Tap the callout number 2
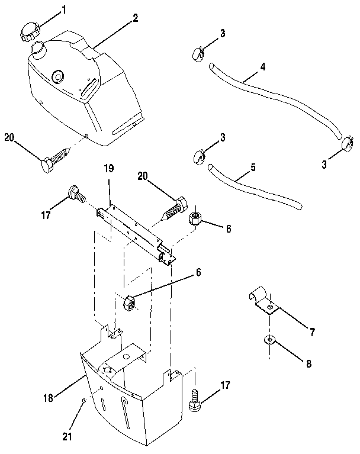(136, 18)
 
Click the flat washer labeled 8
(270, 340)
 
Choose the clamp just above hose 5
(200, 157)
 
